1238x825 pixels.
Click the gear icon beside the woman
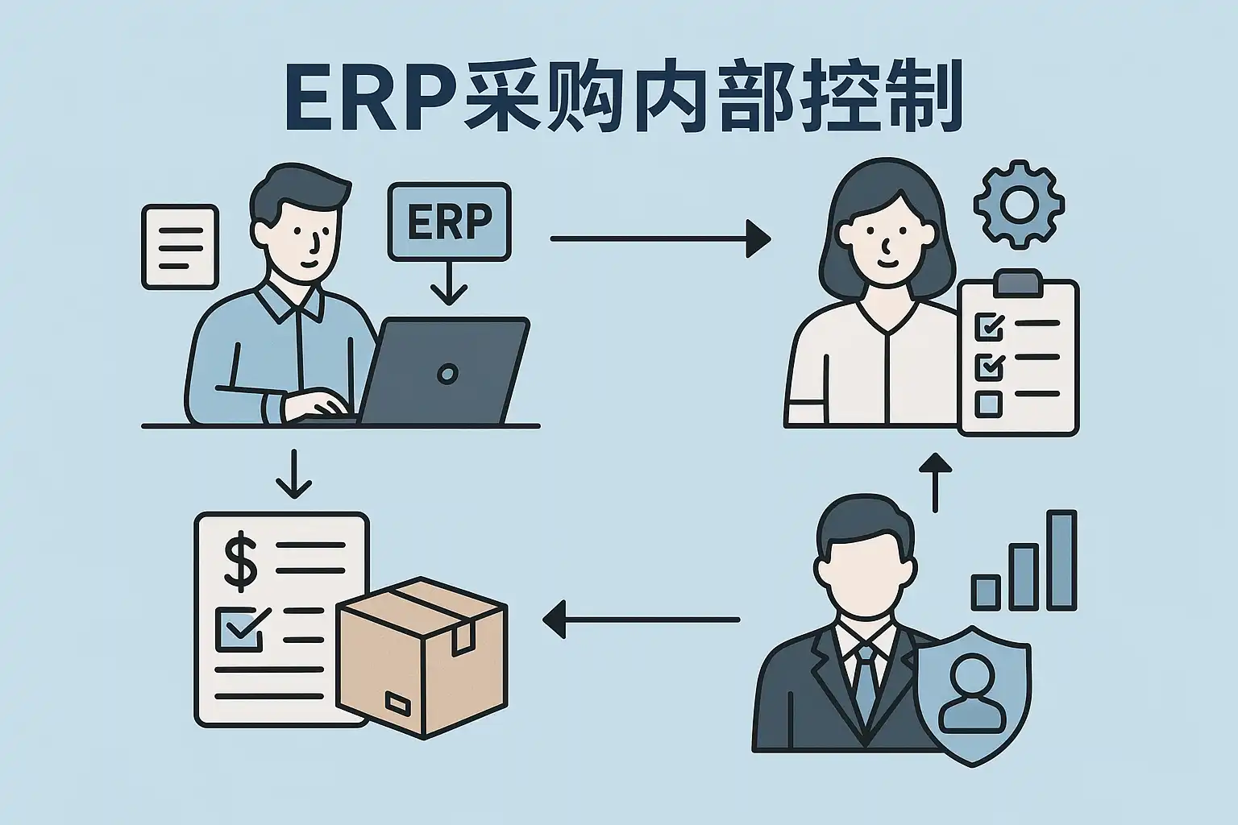1019,202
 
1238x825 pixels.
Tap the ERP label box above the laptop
449,222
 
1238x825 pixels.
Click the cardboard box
422,656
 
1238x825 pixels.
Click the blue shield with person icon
974,694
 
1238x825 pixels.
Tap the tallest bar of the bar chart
1061,560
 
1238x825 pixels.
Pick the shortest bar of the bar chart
985,592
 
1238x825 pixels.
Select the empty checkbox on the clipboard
988,403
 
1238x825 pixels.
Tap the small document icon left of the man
180,247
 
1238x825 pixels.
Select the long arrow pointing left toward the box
642,620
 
